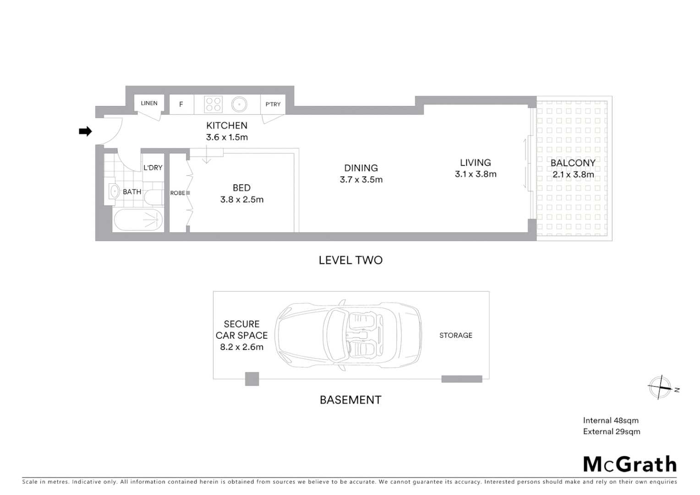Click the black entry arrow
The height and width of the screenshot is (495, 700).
coord(85,132)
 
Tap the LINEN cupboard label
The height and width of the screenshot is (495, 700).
coord(149,103)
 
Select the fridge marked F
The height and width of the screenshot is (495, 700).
coord(181,104)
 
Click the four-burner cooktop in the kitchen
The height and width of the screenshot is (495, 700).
coord(213,104)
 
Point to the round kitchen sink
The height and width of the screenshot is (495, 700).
coord(239,104)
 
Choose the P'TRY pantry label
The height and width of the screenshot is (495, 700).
coord(273,104)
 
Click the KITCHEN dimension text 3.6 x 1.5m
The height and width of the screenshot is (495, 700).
coord(227,137)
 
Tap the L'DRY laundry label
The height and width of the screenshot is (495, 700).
coord(153,168)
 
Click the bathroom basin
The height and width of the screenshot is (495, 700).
coord(114,191)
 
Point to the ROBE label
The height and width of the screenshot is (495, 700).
coord(177,193)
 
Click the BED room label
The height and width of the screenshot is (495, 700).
coord(241,188)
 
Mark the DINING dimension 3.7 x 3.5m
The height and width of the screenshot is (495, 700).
coord(361,180)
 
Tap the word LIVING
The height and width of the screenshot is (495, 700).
coord(475,163)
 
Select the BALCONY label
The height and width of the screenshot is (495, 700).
coord(573,163)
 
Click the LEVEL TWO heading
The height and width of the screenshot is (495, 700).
coord(350,260)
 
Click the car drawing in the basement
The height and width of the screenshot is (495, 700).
coord(348,335)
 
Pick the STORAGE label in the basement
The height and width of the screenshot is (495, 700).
coord(455,335)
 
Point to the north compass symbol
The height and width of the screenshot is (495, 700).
coord(661,388)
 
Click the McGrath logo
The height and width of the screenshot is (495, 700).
coord(629,464)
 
